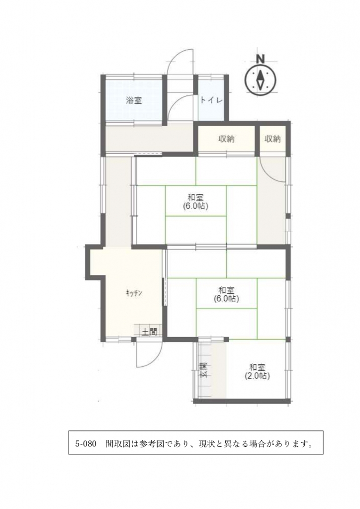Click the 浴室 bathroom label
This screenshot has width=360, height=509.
[x=134, y=100]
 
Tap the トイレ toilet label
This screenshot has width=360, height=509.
[x=211, y=100]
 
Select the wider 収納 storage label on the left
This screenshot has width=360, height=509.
[x=226, y=139]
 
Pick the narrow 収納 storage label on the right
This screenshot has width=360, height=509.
[x=272, y=139]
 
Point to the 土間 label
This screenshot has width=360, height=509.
[x=149, y=332]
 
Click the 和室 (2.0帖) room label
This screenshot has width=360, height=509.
[x=258, y=372]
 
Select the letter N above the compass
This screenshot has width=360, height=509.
[x=260, y=59]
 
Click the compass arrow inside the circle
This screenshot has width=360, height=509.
[x=261, y=80]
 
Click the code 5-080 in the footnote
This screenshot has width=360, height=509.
[x=86, y=444]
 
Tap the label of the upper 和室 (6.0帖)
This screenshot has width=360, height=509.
[x=195, y=202]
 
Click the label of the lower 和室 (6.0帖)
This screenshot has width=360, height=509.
[x=226, y=294]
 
